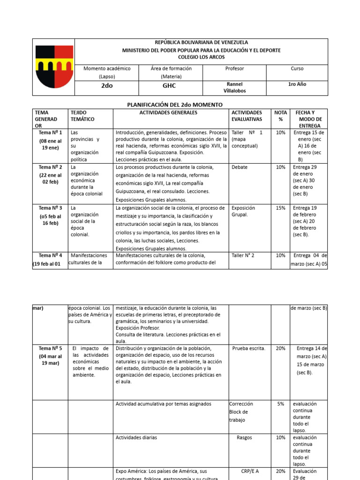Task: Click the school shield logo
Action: pos(53,67)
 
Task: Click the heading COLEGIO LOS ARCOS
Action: pos(201,57)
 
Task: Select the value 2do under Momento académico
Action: pos(107,87)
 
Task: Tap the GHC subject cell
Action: pos(169,87)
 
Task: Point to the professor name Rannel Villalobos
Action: pos(234,88)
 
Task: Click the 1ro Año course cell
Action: pos(297,84)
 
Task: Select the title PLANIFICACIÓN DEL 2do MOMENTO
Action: pos(175,104)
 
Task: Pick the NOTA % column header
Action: pos(280,116)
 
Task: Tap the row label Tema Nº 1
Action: pos(50,133)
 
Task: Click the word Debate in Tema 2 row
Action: pos(240,167)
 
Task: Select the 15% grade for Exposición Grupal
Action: pos(280,208)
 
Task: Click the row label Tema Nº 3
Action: pos(50,208)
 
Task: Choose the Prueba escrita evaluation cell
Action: pos(248,348)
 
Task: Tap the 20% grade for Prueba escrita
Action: pos(280,348)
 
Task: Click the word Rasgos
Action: pos(244,437)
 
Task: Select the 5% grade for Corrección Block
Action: pos(280,404)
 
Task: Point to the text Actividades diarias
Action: pos(136,437)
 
